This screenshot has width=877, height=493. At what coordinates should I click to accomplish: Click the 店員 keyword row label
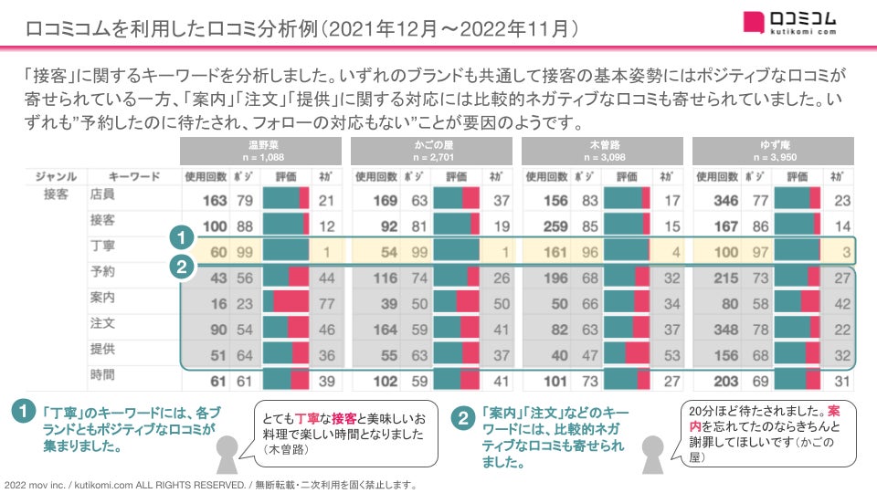click(102, 195)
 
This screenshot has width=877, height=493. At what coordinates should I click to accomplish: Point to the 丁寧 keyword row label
click(102, 246)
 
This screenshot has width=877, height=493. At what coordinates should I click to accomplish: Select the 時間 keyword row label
click(102, 374)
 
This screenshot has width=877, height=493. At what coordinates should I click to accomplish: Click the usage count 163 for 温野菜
click(213, 201)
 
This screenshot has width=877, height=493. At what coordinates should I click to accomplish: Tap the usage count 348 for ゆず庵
click(726, 328)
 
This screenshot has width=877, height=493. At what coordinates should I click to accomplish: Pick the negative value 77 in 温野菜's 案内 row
click(326, 302)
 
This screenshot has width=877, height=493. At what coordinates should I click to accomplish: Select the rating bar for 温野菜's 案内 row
click(286, 302)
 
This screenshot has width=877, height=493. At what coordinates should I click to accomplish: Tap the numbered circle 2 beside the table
click(182, 267)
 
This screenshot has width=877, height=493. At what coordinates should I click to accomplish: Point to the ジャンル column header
click(55, 175)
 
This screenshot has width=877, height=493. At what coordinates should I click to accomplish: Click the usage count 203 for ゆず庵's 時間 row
click(726, 380)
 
